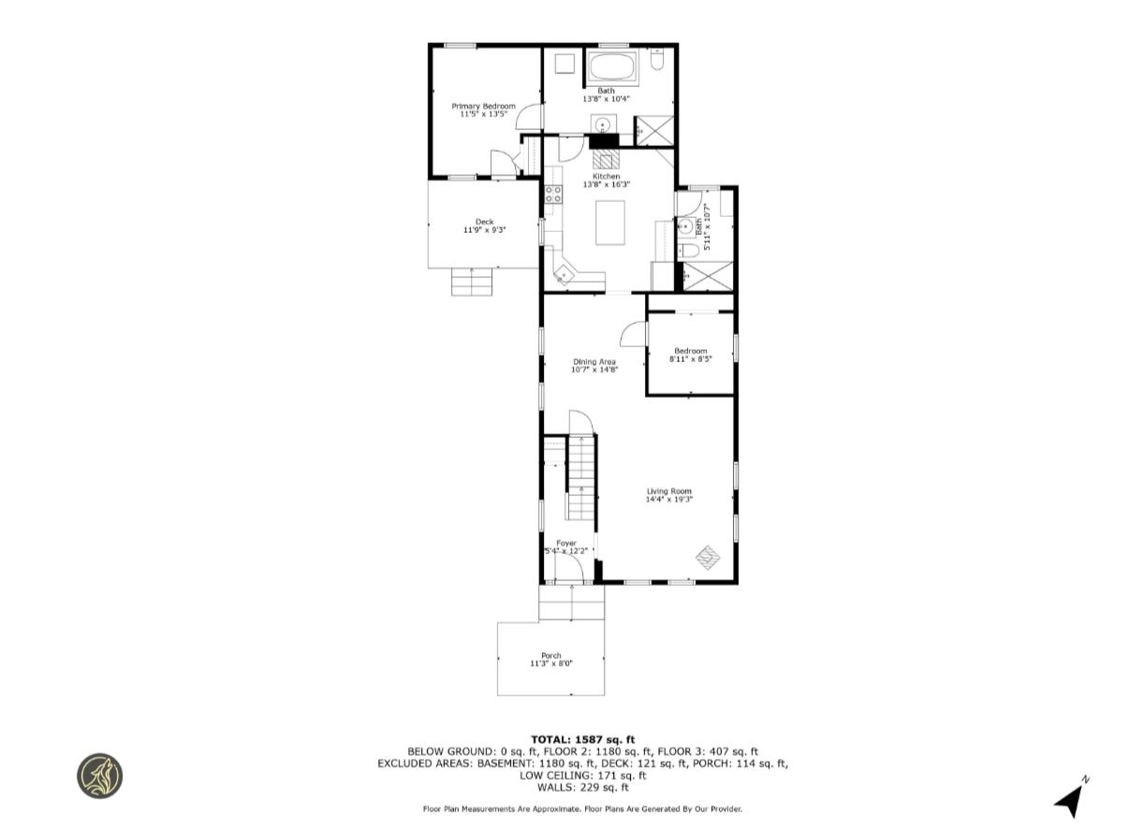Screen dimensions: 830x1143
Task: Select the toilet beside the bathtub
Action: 657,62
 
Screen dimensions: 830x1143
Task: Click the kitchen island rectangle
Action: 612,223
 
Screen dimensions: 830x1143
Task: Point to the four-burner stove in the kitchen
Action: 553,195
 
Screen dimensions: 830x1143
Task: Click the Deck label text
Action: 484,222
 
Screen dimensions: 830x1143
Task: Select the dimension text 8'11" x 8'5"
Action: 691,358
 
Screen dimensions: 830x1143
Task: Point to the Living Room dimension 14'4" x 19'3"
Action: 668,499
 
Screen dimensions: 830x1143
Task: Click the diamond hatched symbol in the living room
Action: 709,557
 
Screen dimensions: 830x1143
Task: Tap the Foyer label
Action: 566,543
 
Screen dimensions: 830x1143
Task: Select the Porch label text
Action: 551,655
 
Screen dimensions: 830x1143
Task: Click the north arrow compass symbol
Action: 1070,797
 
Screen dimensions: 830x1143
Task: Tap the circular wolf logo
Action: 99,776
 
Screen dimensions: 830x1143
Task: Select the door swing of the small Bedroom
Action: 634,335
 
